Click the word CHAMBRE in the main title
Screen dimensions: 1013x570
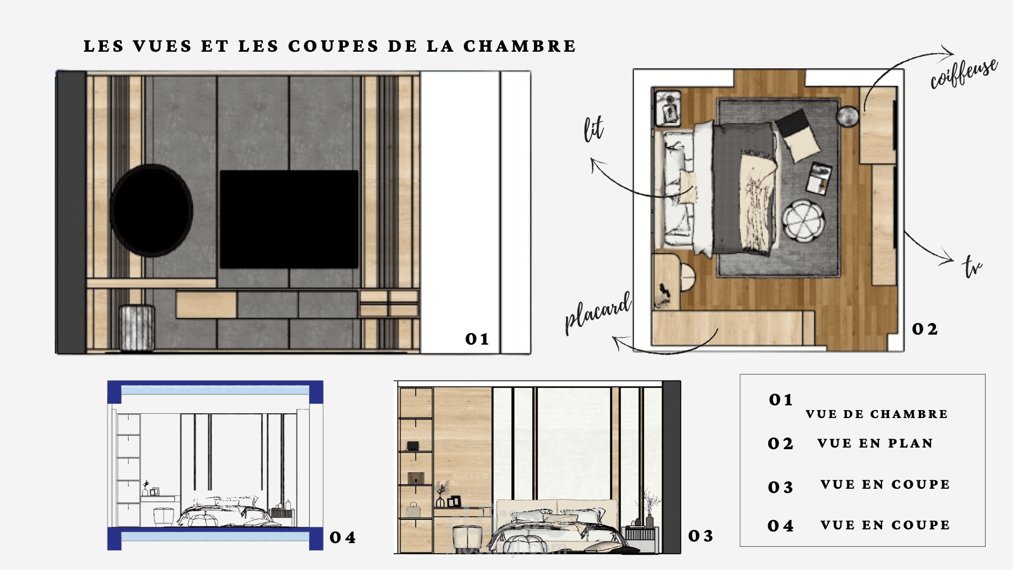click(520, 46)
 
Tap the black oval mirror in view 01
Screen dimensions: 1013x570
click(151, 210)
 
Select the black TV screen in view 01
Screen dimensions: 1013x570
click(289, 219)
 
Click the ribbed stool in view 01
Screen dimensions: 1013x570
click(137, 327)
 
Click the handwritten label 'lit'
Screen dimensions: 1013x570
click(594, 129)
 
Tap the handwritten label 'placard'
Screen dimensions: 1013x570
click(598, 312)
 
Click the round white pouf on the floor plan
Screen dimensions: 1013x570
click(802, 221)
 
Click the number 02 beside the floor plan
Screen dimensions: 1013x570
click(925, 329)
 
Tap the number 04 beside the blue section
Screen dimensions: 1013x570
click(342, 538)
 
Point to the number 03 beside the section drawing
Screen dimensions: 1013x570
click(701, 536)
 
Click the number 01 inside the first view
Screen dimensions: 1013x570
click(477, 339)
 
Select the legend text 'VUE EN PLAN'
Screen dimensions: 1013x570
click(875, 443)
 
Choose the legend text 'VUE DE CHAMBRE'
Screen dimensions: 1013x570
click(876, 414)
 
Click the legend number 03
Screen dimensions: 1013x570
click(780, 487)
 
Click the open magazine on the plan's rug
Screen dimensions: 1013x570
click(819, 178)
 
